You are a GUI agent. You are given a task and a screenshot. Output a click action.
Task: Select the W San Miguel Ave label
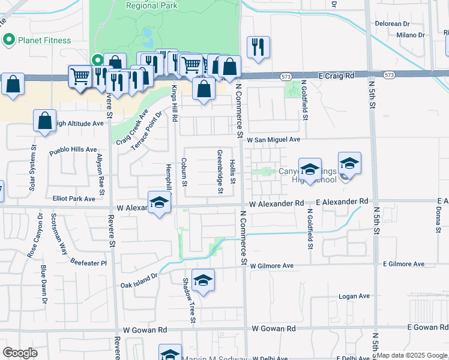click(x=274, y=139)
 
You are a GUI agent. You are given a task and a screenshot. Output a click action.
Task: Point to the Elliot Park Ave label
click(x=74, y=199)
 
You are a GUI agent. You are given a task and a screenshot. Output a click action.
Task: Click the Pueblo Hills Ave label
click(x=73, y=149)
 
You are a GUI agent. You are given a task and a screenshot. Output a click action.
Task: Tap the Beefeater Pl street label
click(x=88, y=263)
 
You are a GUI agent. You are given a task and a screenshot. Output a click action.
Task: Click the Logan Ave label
click(x=354, y=296)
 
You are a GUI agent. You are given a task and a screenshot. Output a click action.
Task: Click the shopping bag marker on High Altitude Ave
click(x=45, y=120)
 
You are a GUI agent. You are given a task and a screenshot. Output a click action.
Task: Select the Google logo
click(x=20, y=353)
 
